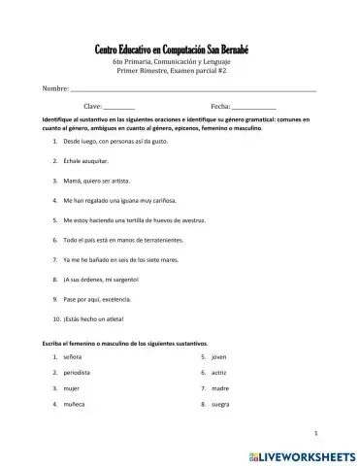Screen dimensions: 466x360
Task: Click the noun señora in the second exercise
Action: [x=74, y=357]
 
